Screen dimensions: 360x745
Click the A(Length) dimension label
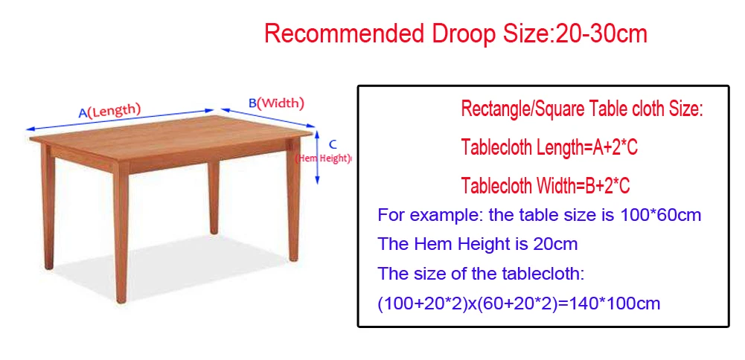click(110, 111)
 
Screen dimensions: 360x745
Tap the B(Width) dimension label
click(276, 103)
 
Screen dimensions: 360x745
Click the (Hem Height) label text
click(324, 158)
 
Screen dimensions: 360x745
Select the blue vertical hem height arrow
click(319, 157)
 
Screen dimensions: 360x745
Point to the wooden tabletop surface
click(171, 126)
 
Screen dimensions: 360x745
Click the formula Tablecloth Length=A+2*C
click(549, 147)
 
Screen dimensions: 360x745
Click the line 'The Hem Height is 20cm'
click(477, 244)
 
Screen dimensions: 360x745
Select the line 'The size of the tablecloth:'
click(481, 273)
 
